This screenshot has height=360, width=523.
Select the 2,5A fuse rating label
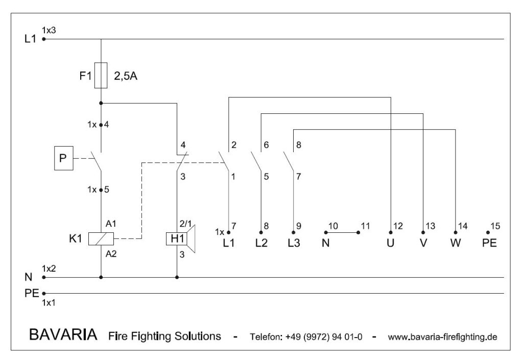click(x=126, y=77)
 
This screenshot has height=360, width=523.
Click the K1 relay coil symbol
click(x=101, y=238)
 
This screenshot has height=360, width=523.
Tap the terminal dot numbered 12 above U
click(x=391, y=232)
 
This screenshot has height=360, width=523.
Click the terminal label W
click(x=456, y=243)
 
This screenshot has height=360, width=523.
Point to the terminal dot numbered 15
click(x=488, y=232)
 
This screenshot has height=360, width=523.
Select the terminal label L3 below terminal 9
click(x=294, y=243)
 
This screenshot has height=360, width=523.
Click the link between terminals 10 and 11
click(x=342, y=232)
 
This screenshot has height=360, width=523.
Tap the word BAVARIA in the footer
click(x=63, y=336)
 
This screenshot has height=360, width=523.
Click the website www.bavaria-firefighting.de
click(x=442, y=337)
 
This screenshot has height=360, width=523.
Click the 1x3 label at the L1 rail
click(x=49, y=30)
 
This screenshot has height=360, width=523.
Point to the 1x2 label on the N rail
click(x=49, y=269)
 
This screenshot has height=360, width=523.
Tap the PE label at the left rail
click(x=32, y=294)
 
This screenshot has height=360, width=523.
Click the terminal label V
click(x=423, y=243)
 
